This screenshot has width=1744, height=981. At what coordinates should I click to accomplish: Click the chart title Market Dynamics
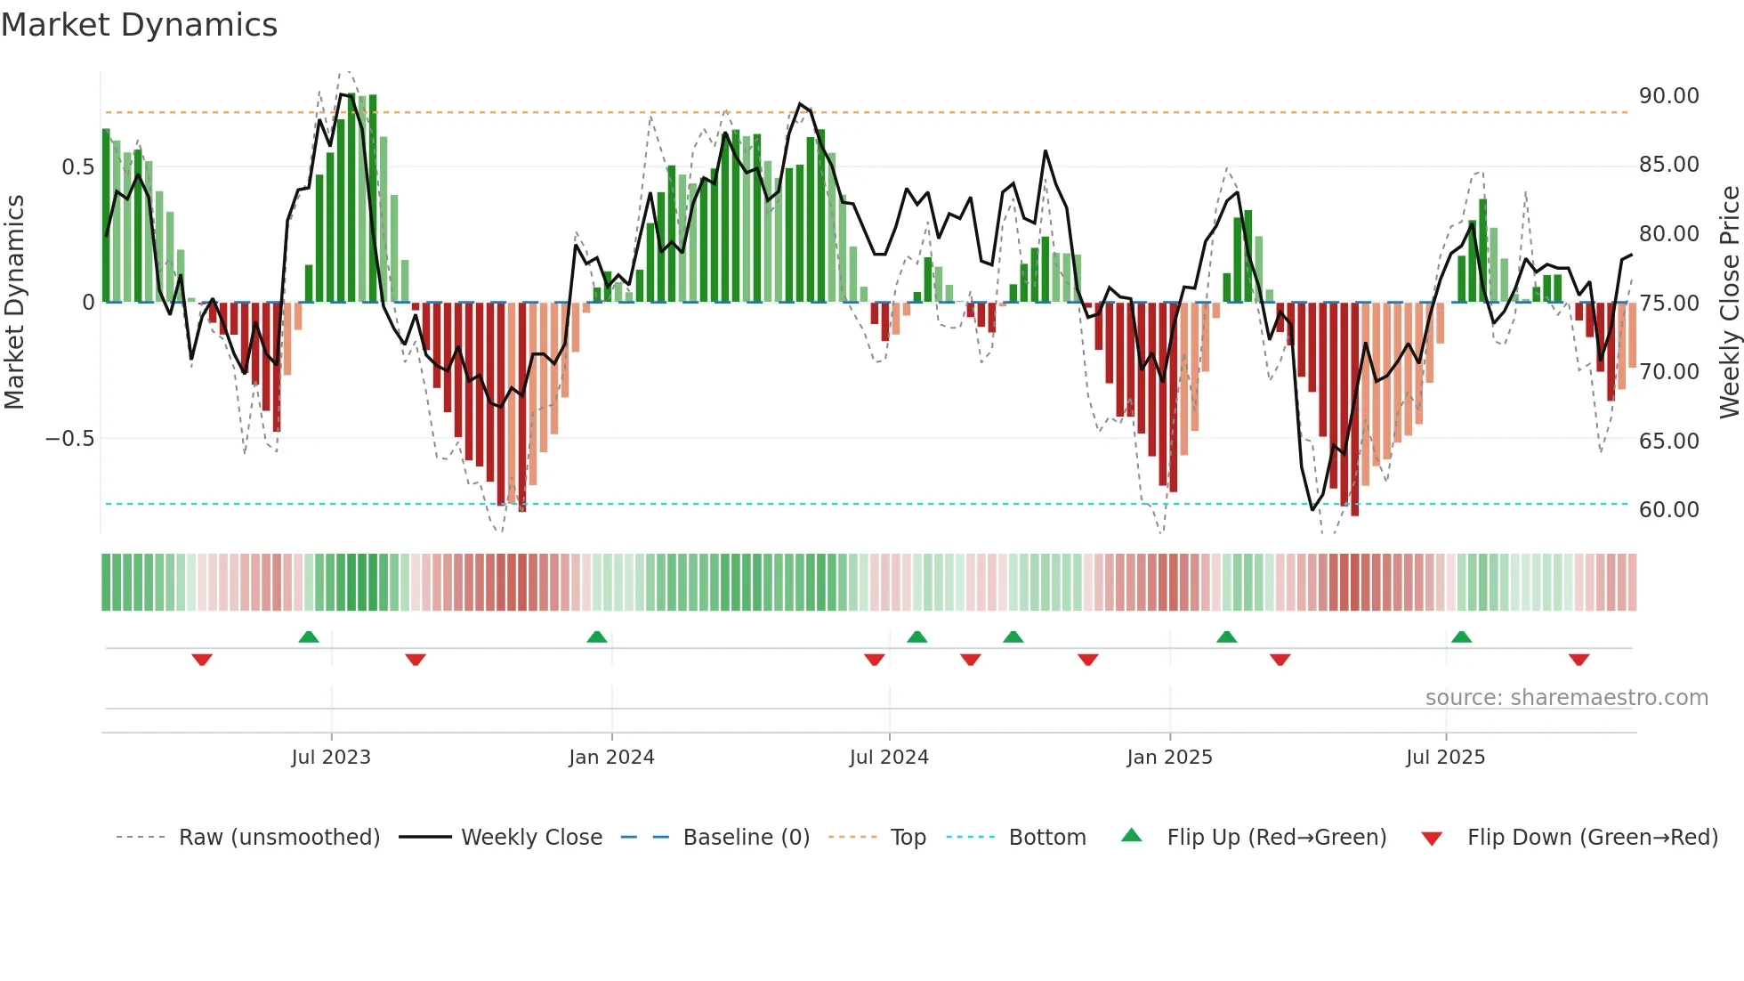pos(140,25)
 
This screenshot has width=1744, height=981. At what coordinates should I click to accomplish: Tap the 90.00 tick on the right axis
pos(1668,96)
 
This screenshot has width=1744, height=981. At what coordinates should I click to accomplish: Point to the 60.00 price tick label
pos(1668,510)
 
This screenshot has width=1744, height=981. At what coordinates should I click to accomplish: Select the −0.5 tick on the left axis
pos(69,439)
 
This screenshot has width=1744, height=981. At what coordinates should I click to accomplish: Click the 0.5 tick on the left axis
pos(77,167)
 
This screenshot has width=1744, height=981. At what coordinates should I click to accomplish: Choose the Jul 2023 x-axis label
pos(331,758)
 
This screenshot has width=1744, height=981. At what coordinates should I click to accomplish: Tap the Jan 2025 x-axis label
pos(1169,758)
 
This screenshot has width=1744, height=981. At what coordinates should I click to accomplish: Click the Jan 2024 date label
pos(611,758)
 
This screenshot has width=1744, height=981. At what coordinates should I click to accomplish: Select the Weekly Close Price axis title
pos(1729,303)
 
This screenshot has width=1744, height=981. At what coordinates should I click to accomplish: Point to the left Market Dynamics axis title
pos(14,303)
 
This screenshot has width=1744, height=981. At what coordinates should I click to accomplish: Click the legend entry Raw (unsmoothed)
pos(279,838)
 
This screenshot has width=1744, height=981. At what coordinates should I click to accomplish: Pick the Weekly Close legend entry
pos(531,838)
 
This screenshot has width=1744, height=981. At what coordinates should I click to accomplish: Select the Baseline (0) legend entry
pos(746,838)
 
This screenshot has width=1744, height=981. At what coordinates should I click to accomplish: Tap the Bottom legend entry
pos(1046,838)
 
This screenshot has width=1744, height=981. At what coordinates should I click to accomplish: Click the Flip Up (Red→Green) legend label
pos(1276,838)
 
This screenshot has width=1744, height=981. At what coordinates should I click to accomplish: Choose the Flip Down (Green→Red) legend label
pos(1592,838)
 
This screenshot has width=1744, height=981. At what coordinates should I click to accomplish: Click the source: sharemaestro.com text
pos(1566,698)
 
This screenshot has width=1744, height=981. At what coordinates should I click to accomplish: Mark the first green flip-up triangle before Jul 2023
pos(309,636)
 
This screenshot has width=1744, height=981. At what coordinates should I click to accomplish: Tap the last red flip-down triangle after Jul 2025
pos(1578,660)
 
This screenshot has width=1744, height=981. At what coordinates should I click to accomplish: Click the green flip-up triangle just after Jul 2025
pos(1461,636)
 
